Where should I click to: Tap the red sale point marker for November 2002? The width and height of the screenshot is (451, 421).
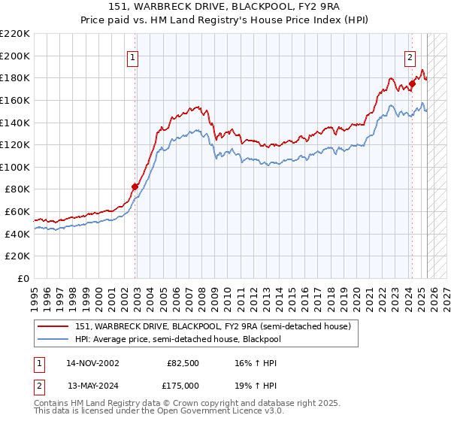tap(135, 186)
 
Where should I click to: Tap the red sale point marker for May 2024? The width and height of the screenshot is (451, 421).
tap(412, 83)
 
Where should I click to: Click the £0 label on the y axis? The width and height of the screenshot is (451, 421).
tap(23, 278)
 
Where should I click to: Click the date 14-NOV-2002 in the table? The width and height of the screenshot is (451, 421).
tap(92, 363)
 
